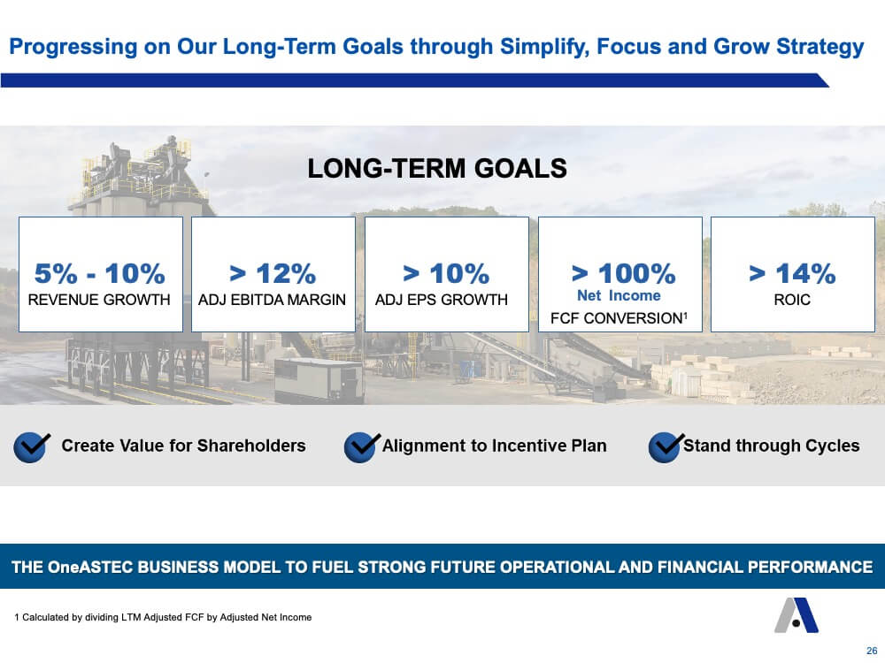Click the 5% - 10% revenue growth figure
[100, 274]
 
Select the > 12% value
[273, 274]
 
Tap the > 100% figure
[624, 274]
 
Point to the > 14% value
[792, 274]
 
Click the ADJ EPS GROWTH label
[442, 300]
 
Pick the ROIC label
[792, 300]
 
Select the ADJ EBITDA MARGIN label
[272, 300]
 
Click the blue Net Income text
[619, 295]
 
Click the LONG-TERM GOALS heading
[437, 169]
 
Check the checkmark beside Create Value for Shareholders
[32, 447]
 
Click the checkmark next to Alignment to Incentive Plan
[362, 447]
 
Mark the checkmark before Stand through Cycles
[666, 447]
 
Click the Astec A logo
[796, 615]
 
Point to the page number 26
[872, 651]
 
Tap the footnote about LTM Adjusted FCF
[163, 617]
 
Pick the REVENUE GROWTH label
[99, 300]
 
